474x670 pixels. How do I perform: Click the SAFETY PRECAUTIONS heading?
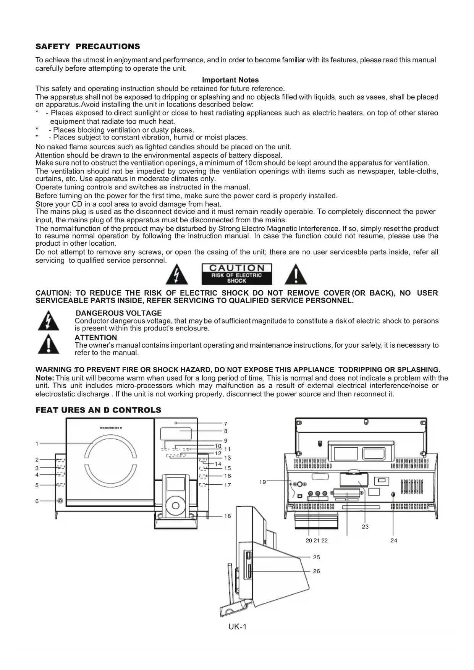[87, 47]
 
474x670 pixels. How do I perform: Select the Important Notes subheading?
[230, 80]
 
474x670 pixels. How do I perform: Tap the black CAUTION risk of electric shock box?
[236, 274]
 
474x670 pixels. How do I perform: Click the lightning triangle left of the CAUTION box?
[176, 275]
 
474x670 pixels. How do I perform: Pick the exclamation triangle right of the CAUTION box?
[296, 275]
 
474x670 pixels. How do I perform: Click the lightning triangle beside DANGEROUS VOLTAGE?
[49, 321]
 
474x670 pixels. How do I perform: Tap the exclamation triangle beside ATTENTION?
[49, 345]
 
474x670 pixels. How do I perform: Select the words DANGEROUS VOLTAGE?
[119, 313]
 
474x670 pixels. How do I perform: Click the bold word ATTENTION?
[96, 338]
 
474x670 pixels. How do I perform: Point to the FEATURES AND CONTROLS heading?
[98, 410]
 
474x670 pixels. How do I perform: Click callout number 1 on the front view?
[37, 444]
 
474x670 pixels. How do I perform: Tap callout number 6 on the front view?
[37, 501]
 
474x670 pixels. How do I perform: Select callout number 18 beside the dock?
[228, 516]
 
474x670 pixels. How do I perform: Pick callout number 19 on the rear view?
[262, 482]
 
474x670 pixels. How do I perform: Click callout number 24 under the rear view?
[394, 541]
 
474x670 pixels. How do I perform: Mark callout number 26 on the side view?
[316, 571]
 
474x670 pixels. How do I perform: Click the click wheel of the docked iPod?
[176, 506]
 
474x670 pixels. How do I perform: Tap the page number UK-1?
[238, 627]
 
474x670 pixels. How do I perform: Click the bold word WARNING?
[53, 369]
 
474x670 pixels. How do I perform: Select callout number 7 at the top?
[226, 424]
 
